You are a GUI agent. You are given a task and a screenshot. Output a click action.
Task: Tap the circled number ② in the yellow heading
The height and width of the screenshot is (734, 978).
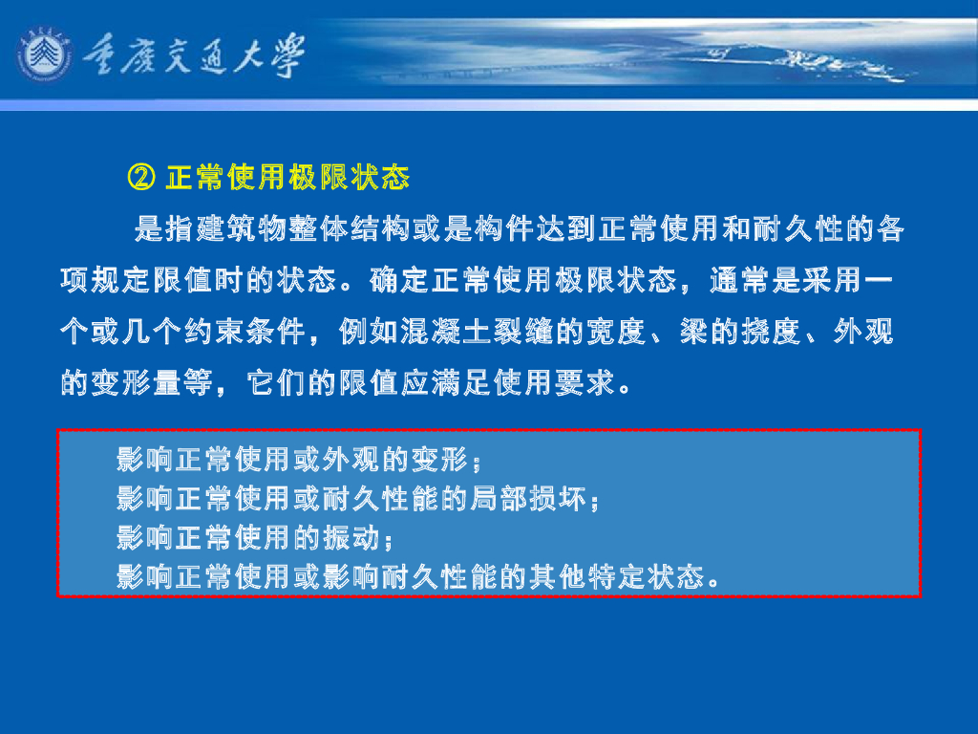click(140, 178)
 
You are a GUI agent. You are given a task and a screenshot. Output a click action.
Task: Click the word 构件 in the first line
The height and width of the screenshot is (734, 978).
click(512, 229)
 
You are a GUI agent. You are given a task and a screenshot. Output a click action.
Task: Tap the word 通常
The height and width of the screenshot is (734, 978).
click(740, 281)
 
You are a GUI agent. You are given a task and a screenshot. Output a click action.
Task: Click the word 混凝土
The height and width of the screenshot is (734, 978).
click(422, 333)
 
